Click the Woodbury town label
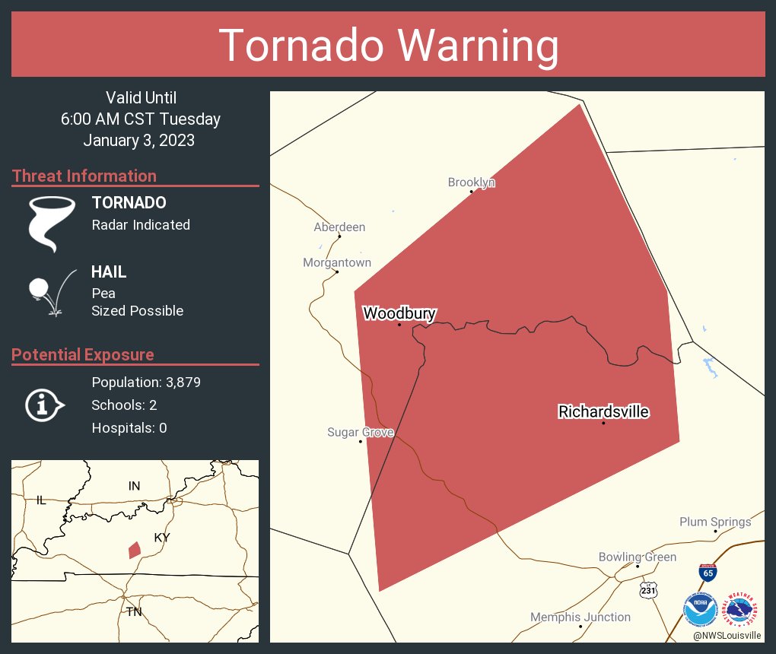[399, 313]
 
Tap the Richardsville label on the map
[603, 411]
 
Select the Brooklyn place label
[471, 183]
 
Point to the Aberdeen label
[339, 227]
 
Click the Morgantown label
[337, 263]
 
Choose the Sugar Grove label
[361, 433]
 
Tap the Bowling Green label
[637, 557]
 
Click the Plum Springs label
[715, 522]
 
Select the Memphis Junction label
[580, 617]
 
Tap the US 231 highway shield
[648, 590]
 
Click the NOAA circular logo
[700, 610]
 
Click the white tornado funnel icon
[51, 223]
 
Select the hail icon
[51, 292]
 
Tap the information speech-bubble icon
[44, 405]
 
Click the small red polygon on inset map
[134, 550]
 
